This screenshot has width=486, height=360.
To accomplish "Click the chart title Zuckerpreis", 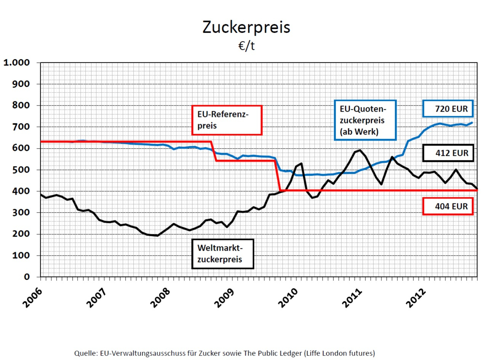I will (x=246, y=27).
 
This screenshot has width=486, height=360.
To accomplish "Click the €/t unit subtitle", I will (x=246, y=46).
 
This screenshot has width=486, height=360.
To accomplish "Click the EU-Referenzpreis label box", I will (x=227, y=120).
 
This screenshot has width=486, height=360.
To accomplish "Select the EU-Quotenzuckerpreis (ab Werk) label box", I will (x=365, y=120).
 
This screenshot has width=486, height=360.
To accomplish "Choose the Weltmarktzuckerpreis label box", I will (x=223, y=253).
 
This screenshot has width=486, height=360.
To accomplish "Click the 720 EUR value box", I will (x=448, y=109).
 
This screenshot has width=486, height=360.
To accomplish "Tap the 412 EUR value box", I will (x=448, y=153).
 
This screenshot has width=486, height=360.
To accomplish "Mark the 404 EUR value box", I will (x=448, y=206).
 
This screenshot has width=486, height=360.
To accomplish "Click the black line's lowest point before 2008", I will (x=157, y=235).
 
